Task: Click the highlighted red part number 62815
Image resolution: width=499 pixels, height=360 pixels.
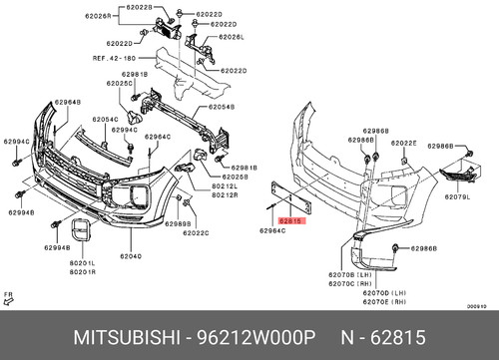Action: [x=291, y=219]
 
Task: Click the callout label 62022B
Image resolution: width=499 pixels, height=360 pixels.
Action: [x=139, y=8]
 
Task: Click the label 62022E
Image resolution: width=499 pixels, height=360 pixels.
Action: [x=403, y=143]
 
